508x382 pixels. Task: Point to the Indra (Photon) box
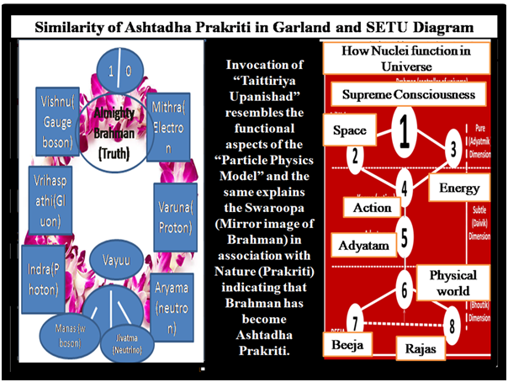[41, 277]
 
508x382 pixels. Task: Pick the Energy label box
[459, 188]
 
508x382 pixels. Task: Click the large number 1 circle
[404, 130]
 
